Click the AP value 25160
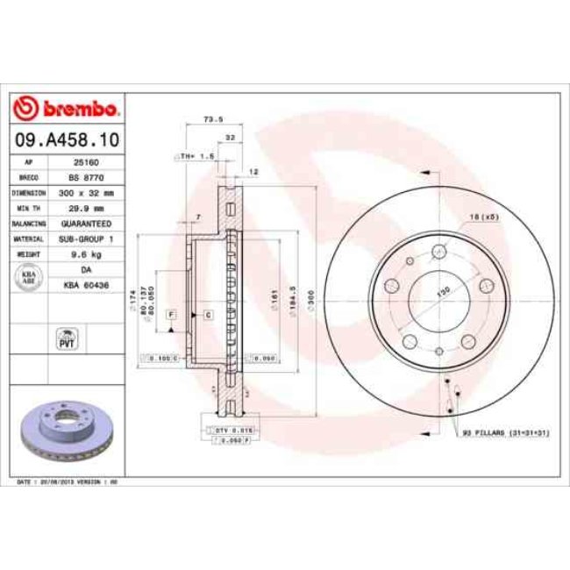pyautogui.click(x=86, y=162)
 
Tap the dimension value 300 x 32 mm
pyautogui.click(x=86, y=192)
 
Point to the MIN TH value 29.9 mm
pyautogui.click(x=86, y=208)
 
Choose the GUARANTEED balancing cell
pyautogui.click(x=86, y=223)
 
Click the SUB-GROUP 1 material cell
pyautogui.click(x=86, y=238)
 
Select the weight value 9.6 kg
pyautogui.click(x=86, y=253)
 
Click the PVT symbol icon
pyautogui.click(x=67, y=338)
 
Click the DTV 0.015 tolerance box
pyautogui.click(x=232, y=432)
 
